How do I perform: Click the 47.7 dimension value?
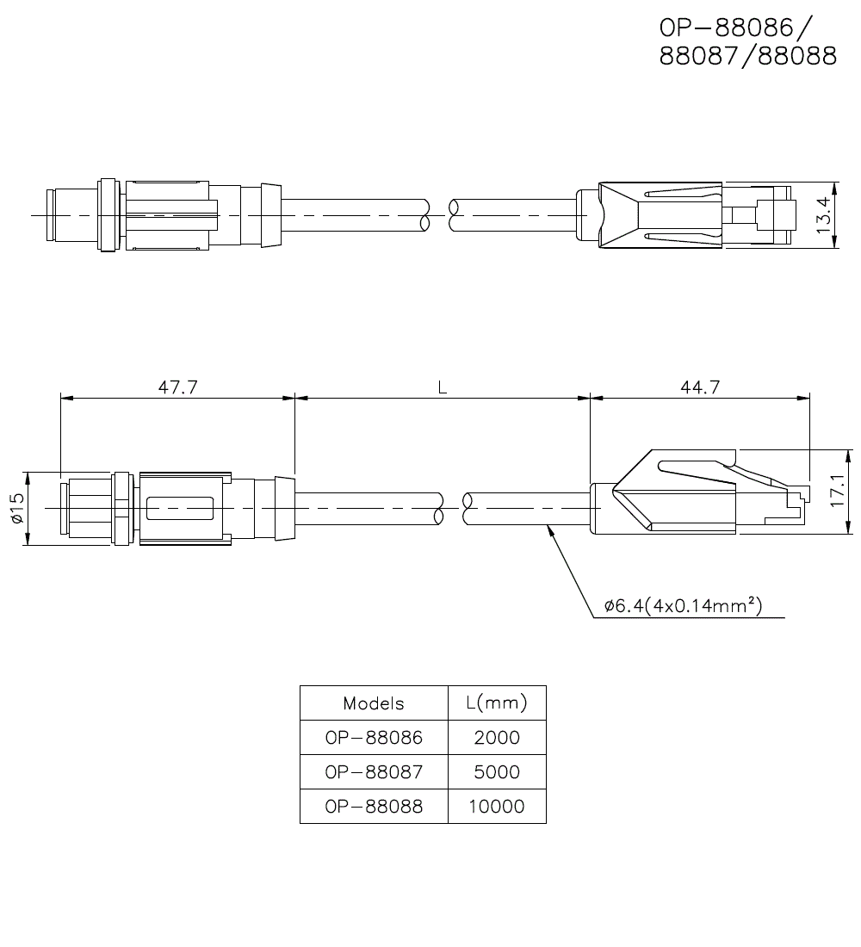pyautogui.click(x=177, y=388)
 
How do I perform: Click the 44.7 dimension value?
pyautogui.click(x=699, y=388)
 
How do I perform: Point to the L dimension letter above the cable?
pyautogui.click(x=442, y=388)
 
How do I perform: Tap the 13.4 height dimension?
pyautogui.click(x=824, y=216)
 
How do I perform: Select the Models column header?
pyautogui.click(x=374, y=703)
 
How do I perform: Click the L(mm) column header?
pyautogui.click(x=497, y=703)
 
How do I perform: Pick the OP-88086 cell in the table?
pyautogui.click(x=374, y=738)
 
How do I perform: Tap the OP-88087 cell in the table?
pyautogui.click(x=374, y=772)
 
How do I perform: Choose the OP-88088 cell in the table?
pyautogui.click(x=374, y=807)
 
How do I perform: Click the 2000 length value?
pyautogui.click(x=497, y=738)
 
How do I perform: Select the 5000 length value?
pyautogui.click(x=497, y=772)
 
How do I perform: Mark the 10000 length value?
pyautogui.click(x=497, y=807)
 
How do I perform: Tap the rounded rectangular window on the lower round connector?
pyautogui.click(x=180, y=509)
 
